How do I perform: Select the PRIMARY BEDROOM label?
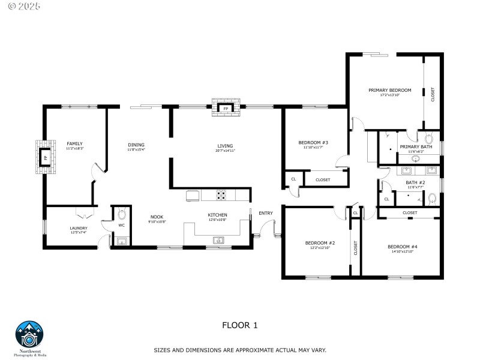click(x=389, y=90)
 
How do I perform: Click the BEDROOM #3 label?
click(x=313, y=142)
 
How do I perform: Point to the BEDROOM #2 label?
click(x=319, y=243)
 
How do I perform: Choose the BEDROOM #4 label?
click(x=402, y=247)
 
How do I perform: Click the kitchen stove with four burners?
click(x=221, y=195)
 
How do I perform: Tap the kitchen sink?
click(x=218, y=241)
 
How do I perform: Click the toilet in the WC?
click(x=122, y=214)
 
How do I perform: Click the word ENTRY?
click(x=265, y=213)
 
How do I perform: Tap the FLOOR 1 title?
click(x=239, y=325)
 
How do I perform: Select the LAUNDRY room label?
click(x=79, y=228)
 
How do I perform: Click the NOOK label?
click(x=157, y=217)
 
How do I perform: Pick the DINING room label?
click(x=136, y=144)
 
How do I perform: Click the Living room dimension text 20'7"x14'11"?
click(x=226, y=151)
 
